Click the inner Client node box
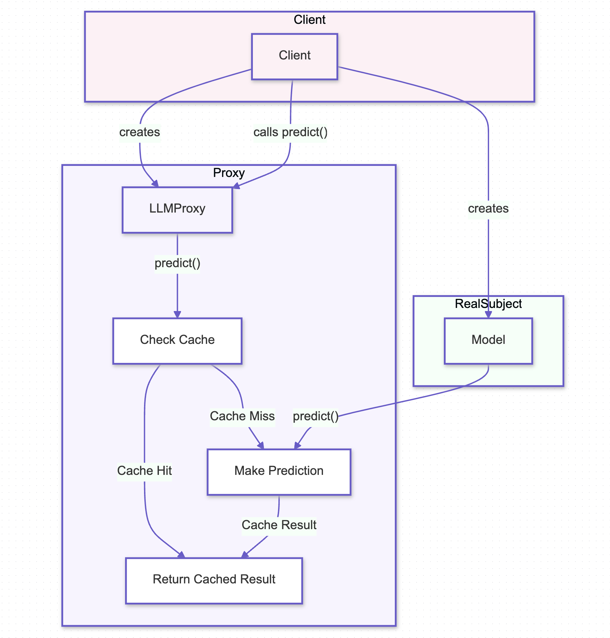(x=294, y=56)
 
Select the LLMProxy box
(x=177, y=210)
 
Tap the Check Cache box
(x=177, y=341)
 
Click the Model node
(x=488, y=341)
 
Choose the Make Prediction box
(x=279, y=472)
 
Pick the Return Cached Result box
(x=214, y=580)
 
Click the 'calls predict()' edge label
(x=290, y=132)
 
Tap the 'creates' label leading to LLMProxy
(x=140, y=132)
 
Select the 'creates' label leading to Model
(x=488, y=209)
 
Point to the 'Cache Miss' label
(x=242, y=416)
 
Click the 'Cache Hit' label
(x=144, y=471)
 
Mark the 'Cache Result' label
(x=279, y=525)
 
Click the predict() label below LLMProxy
(x=177, y=263)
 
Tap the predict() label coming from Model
(x=315, y=416)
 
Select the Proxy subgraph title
(x=229, y=173)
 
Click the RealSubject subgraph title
(x=488, y=304)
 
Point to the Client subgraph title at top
(x=309, y=20)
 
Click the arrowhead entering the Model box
(x=488, y=315)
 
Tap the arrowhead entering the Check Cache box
(x=177, y=315)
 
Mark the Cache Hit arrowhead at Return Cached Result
(x=182, y=555)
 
